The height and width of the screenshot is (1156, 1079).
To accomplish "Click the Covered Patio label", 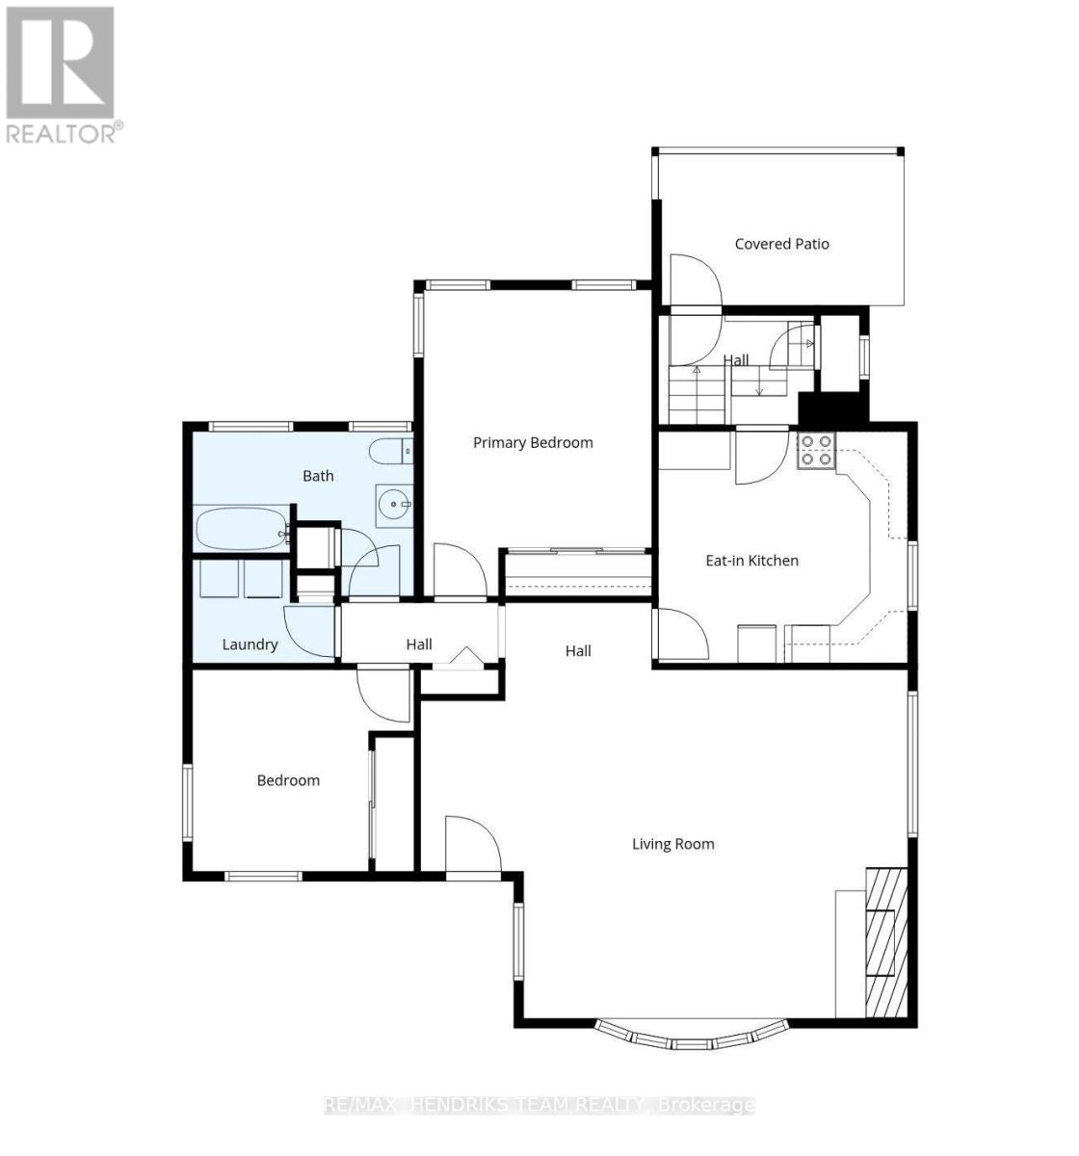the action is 781,244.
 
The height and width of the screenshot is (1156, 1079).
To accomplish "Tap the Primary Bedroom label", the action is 533,443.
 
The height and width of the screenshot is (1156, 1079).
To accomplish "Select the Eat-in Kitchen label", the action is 751,561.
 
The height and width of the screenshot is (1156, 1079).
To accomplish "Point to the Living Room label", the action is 673,844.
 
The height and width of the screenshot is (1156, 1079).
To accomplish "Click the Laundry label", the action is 250,644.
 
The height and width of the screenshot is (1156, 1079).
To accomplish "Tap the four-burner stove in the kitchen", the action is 816,451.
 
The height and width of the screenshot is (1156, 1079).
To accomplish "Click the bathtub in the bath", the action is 242,529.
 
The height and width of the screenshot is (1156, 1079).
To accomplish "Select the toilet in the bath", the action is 391,451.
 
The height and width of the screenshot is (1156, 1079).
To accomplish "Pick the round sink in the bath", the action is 394,505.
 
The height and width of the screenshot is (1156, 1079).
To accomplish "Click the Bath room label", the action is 318,476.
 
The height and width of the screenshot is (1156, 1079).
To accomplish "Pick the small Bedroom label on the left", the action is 288,780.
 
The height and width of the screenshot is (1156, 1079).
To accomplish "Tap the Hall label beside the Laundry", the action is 419,644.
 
